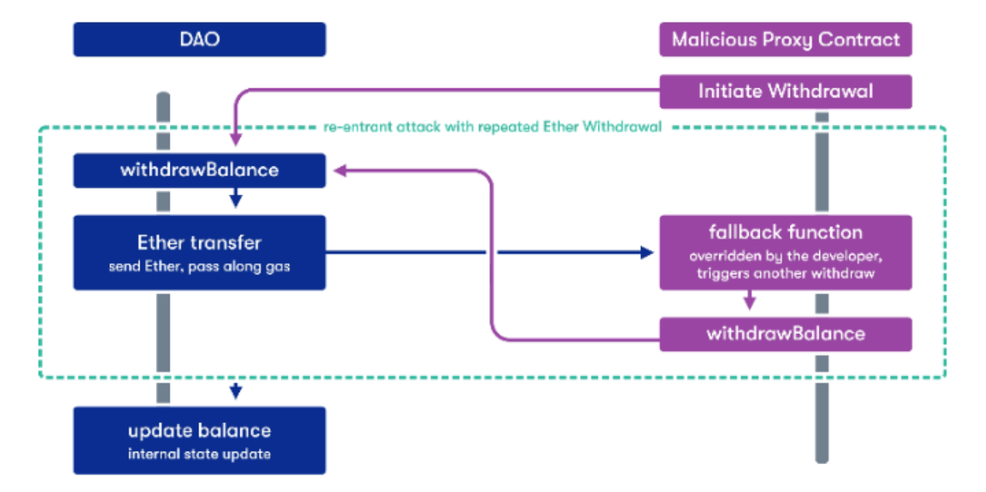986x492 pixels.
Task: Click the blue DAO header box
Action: [x=199, y=40]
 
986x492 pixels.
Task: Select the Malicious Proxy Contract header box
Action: [x=785, y=40]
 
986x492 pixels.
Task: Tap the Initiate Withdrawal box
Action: [x=785, y=91]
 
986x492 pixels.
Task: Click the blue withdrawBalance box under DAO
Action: [x=199, y=170]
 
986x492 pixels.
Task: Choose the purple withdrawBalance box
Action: [x=785, y=334]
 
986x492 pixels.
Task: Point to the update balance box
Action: [x=199, y=440]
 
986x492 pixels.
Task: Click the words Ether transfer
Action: [x=199, y=243]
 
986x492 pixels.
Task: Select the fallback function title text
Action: [x=785, y=232]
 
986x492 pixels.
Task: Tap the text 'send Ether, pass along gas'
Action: [x=199, y=267]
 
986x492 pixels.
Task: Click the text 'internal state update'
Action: [x=199, y=454]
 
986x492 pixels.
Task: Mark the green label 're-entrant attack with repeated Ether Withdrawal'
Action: [x=492, y=127]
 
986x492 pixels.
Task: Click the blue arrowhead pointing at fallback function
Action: [x=648, y=253]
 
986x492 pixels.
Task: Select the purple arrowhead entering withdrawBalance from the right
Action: [x=339, y=170]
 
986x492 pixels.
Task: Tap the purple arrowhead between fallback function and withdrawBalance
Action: [x=750, y=304]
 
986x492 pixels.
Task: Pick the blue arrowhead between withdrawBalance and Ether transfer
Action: [x=236, y=201]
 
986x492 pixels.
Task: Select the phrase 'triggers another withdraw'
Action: [x=785, y=274]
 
